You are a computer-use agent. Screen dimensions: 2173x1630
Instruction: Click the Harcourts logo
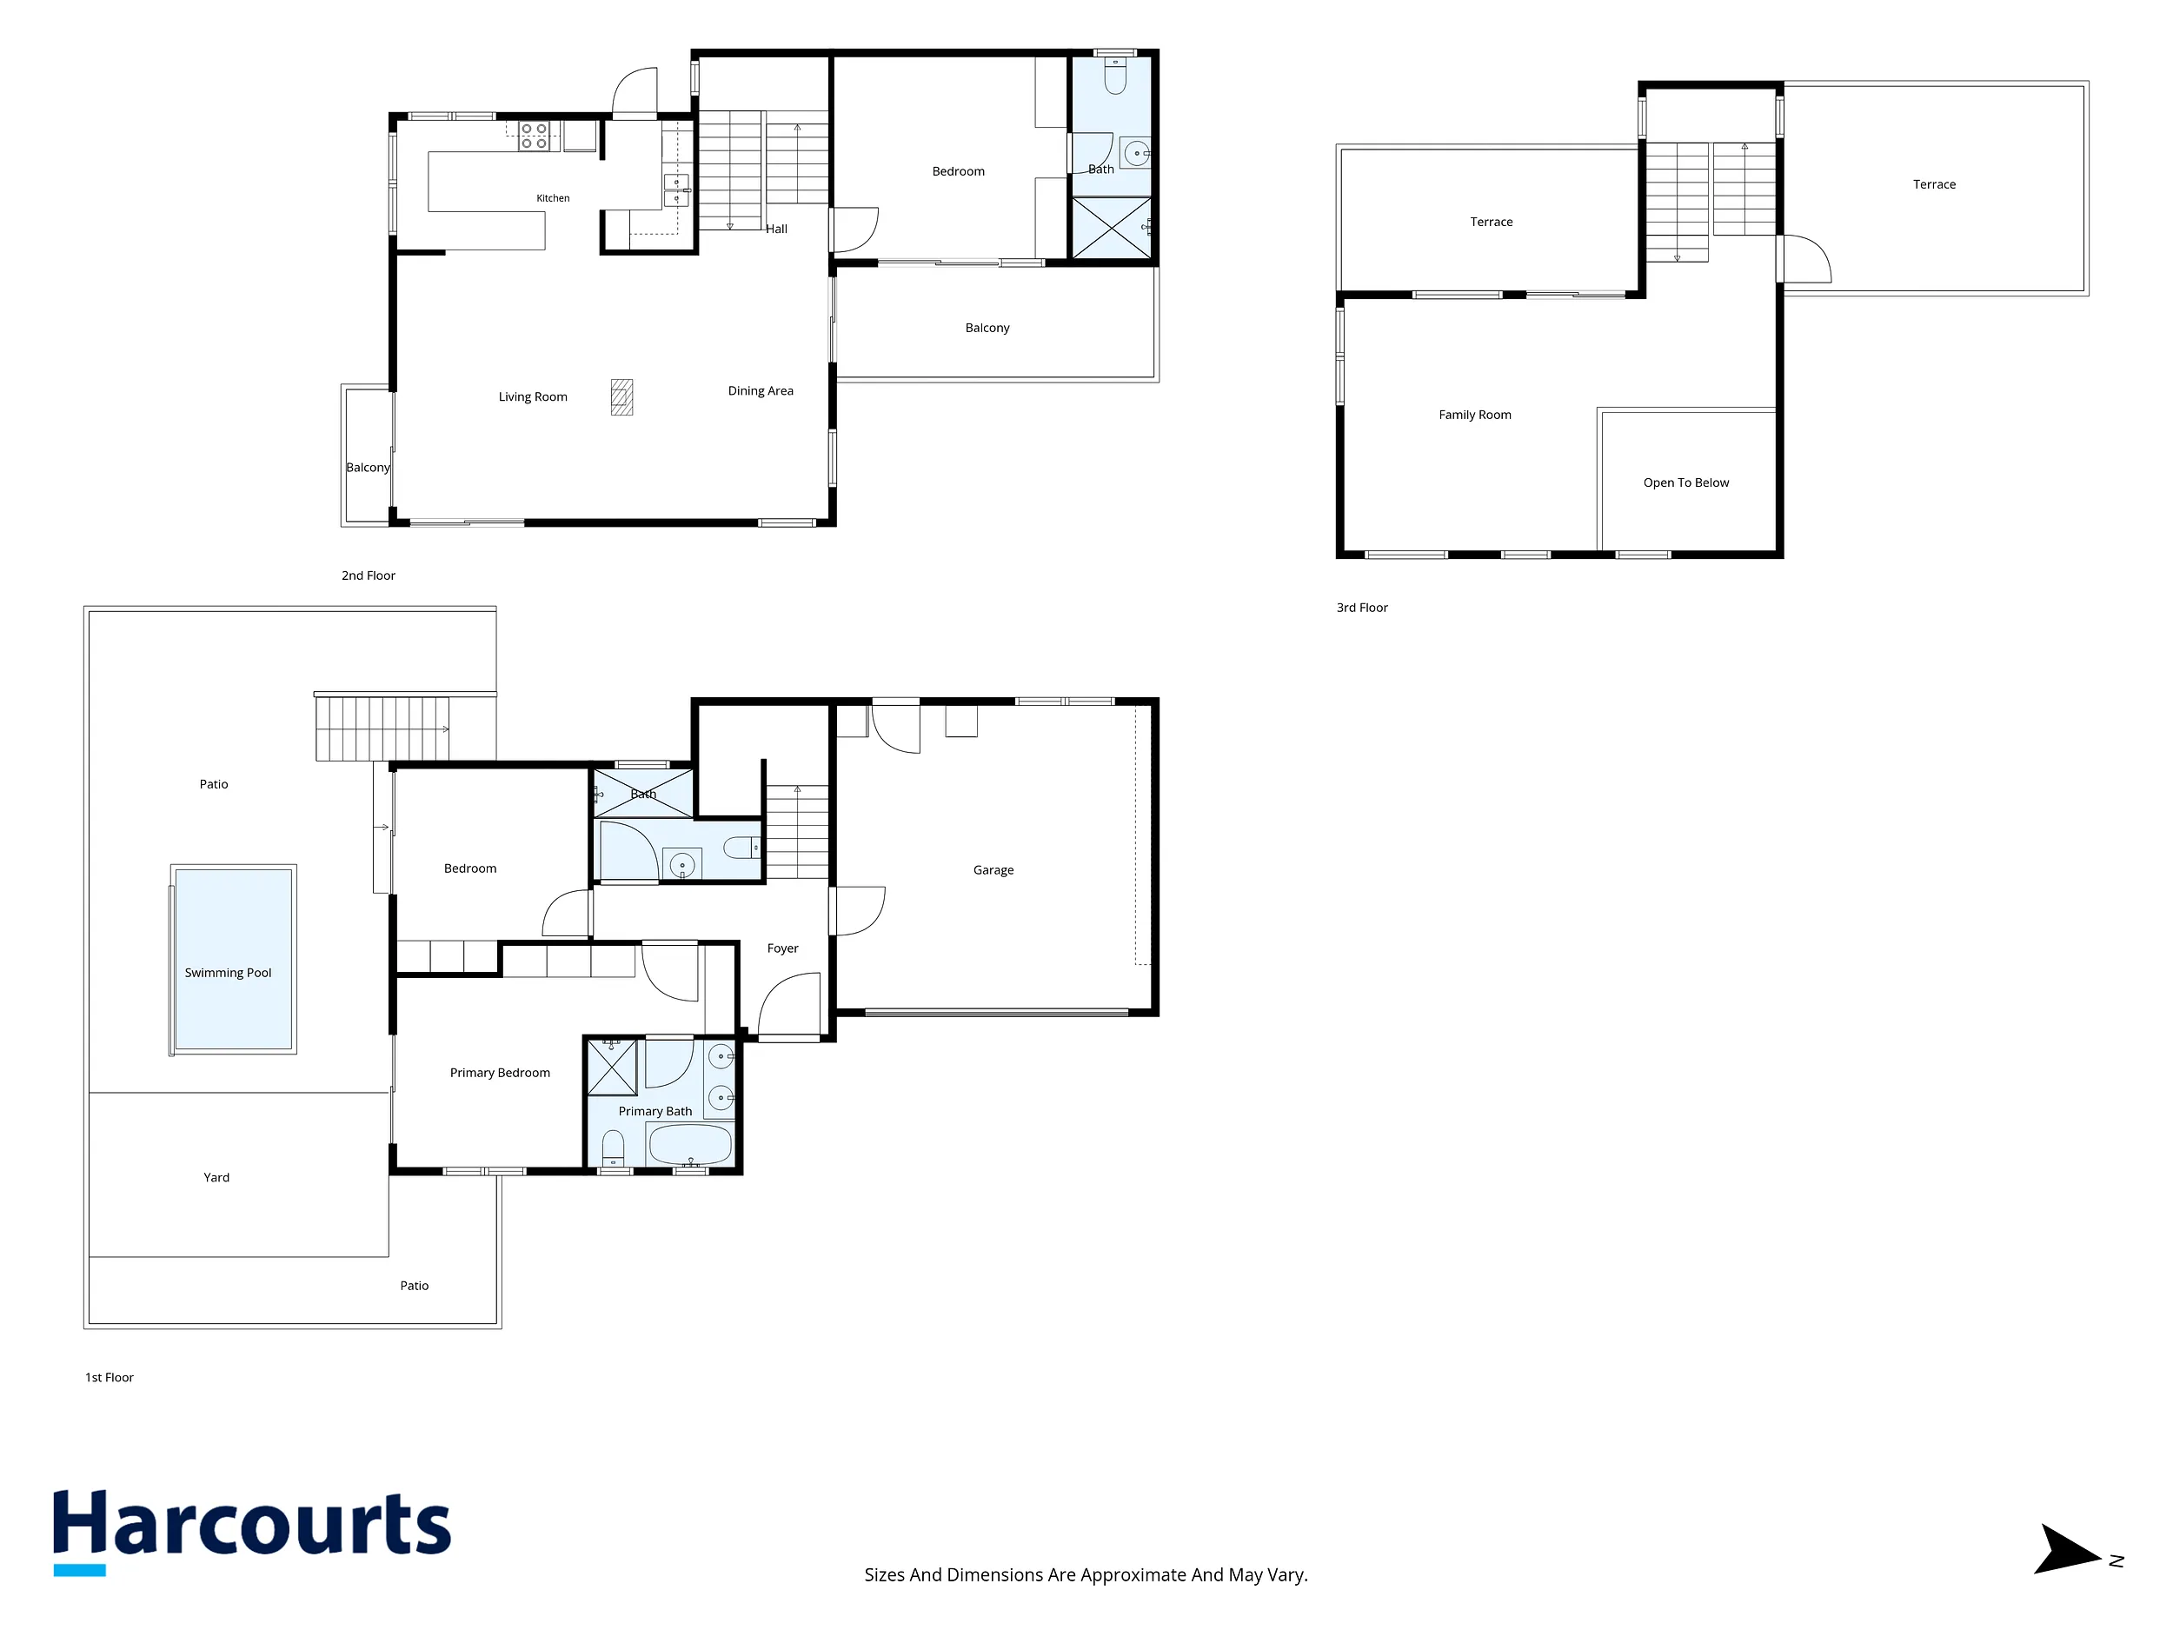click(251, 1532)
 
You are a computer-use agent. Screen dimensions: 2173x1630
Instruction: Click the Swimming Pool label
click(228, 973)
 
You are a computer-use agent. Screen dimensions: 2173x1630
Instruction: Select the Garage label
click(993, 869)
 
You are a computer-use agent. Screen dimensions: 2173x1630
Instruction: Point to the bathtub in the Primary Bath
click(689, 1144)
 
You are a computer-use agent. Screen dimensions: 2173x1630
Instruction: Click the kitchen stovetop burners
click(534, 136)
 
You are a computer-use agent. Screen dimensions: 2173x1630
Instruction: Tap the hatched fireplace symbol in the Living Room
click(621, 397)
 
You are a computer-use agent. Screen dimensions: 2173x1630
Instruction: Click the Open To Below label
click(1685, 482)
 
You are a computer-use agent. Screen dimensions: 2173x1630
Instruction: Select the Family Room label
click(1474, 415)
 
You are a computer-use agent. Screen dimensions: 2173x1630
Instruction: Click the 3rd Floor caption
click(1361, 607)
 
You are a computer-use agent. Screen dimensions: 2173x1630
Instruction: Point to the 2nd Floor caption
click(369, 575)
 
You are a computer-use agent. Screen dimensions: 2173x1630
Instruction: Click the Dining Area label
click(761, 391)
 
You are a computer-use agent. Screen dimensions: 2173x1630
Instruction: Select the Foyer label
click(783, 948)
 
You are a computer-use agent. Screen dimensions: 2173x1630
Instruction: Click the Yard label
click(216, 1177)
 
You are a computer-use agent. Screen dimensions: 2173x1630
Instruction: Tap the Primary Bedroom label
click(500, 1073)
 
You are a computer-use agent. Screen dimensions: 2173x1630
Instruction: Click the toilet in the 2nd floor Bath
click(1115, 76)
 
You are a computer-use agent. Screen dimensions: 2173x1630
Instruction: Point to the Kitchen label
click(553, 198)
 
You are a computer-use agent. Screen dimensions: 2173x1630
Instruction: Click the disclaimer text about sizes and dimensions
click(1086, 1575)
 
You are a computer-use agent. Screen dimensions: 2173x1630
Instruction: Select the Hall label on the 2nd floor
click(776, 229)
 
